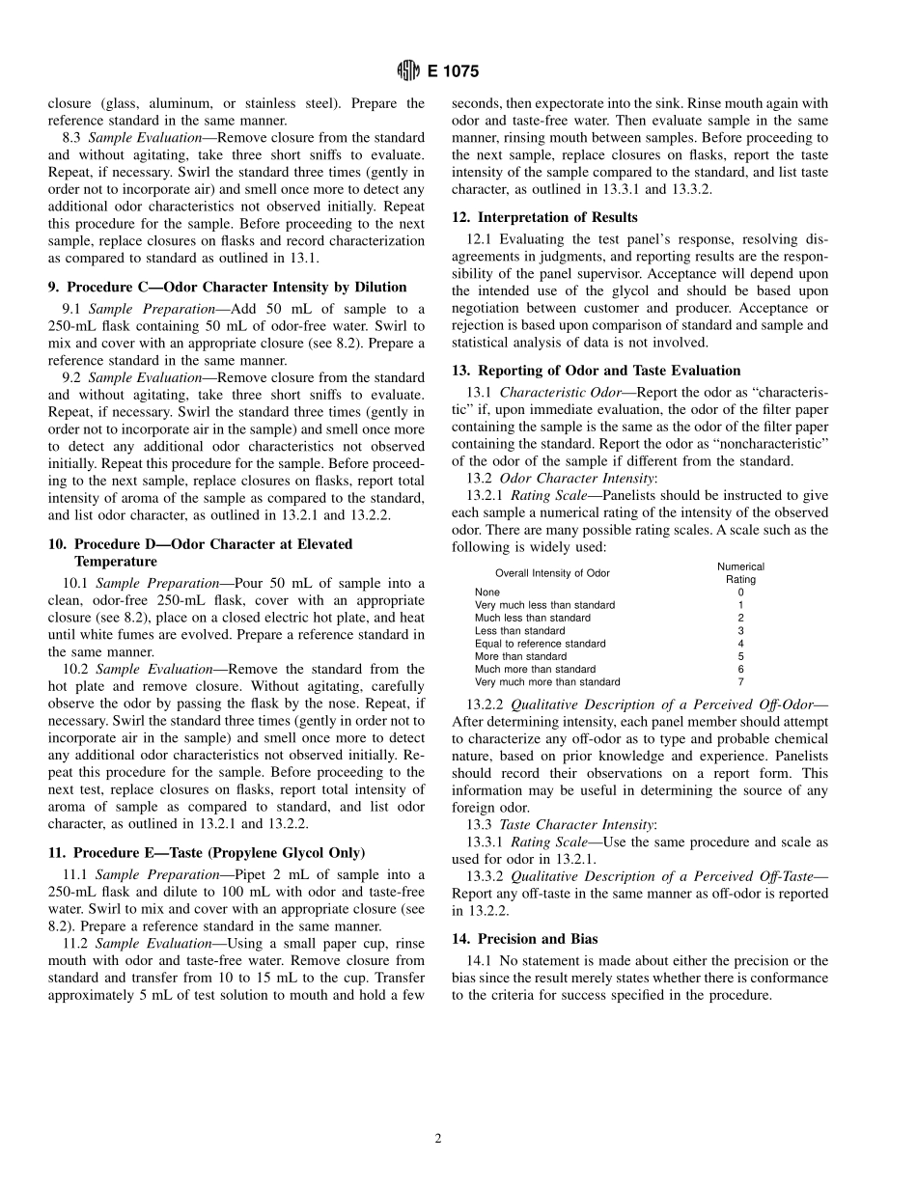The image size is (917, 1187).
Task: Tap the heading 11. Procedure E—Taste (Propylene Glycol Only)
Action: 207,852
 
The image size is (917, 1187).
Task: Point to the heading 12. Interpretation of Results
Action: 544,217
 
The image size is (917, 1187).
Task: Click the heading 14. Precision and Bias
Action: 524,938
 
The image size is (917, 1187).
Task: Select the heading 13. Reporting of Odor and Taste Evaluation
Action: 596,370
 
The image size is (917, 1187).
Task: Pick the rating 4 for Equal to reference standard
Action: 740,644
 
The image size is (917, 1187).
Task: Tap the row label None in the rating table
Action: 486,593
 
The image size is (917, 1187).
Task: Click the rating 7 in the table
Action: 740,682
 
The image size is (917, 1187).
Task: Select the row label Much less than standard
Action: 532,618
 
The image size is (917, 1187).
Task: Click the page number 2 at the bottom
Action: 438,1139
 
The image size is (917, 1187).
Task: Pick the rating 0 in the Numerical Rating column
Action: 740,593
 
